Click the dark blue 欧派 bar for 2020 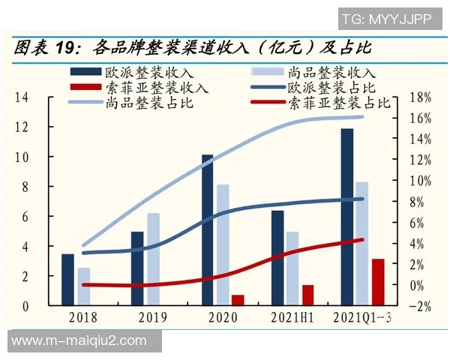(208, 230)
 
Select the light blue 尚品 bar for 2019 (153, 259)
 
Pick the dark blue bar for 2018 (68, 280)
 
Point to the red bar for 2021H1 (307, 295)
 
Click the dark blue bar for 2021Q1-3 (346, 217)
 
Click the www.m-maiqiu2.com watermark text (79, 340)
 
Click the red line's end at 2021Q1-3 (361, 240)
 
